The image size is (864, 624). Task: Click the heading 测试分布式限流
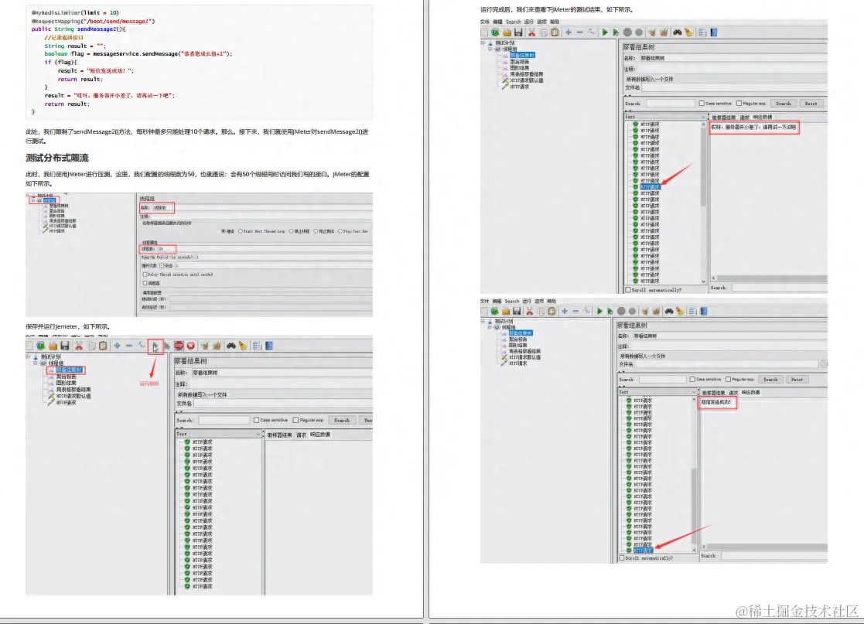point(57,158)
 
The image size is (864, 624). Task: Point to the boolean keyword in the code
point(55,53)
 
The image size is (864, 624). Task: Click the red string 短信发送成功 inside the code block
point(107,70)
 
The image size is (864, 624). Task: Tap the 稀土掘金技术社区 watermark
point(797,612)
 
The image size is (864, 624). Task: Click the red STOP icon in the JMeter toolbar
point(179,346)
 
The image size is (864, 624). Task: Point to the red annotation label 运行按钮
point(149,384)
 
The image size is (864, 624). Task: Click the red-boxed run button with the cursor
point(155,346)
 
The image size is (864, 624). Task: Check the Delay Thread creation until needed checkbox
point(178,274)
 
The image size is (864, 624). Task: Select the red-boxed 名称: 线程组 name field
point(158,208)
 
